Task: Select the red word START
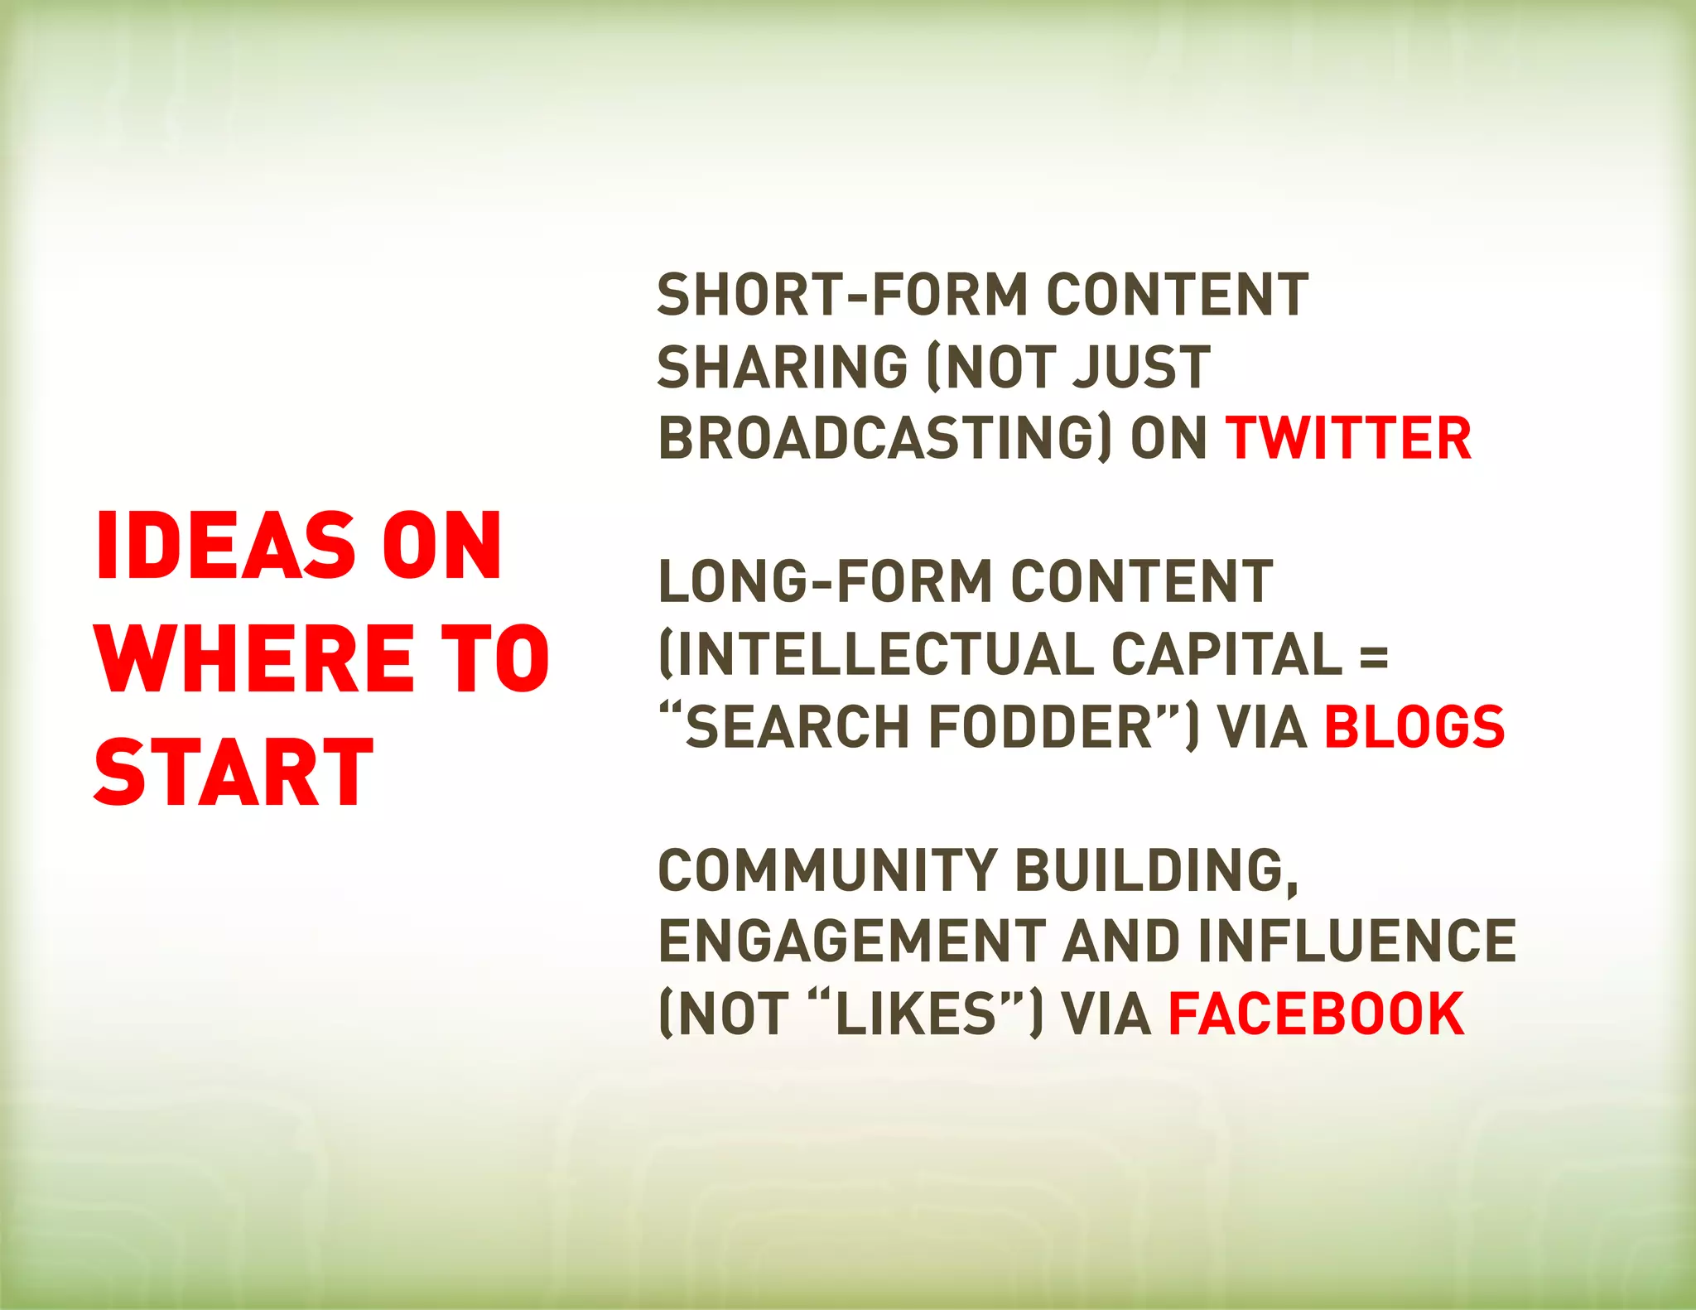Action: (234, 772)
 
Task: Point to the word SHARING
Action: (783, 367)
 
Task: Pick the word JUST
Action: (1140, 367)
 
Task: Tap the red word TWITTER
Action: (1348, 438)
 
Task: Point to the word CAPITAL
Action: (1226, 653)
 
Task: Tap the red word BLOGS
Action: (1414, 726)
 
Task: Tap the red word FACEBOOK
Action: (1316, 1014)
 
